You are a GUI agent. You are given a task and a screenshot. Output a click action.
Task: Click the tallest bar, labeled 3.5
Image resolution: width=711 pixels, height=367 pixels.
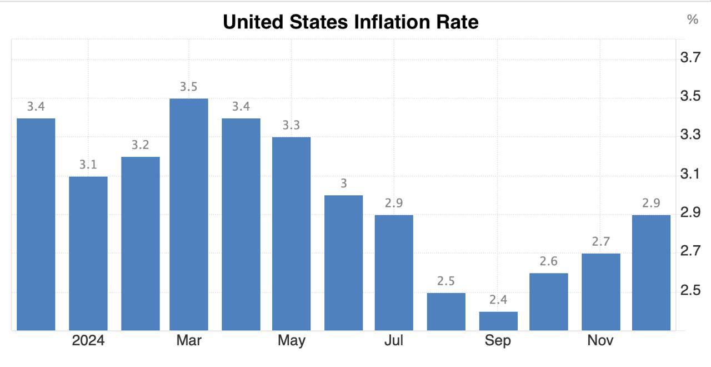coord(189,214)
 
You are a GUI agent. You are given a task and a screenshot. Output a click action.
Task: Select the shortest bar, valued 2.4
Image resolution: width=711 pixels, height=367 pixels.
coord(498,321)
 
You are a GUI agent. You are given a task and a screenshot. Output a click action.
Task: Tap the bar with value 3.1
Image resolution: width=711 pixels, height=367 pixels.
coord(88,253)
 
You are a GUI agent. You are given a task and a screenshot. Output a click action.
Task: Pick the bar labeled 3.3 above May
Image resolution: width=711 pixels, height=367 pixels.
coord(291,234)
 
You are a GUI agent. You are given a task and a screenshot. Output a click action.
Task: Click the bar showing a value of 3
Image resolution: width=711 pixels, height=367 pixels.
coord(343,262)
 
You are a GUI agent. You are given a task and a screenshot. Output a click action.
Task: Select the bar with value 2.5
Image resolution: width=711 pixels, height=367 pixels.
coord(446,311)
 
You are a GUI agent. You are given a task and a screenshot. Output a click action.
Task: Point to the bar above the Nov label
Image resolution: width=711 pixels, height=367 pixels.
coord(600,292)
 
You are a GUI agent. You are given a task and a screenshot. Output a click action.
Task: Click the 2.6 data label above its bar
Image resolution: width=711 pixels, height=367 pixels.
coord(549,261)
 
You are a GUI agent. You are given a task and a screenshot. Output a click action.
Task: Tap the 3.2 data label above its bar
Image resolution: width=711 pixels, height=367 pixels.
coord(141,145)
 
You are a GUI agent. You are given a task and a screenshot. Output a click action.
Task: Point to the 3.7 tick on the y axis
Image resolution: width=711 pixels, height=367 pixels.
coord(690,58)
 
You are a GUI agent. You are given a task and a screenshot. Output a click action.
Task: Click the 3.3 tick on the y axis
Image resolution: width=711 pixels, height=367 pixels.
coord(690,136)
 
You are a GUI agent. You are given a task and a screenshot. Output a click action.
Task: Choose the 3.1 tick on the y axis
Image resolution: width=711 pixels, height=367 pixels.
coord(690,175)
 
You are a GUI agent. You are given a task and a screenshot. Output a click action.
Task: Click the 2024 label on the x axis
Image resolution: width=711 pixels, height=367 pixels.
coord(88,340)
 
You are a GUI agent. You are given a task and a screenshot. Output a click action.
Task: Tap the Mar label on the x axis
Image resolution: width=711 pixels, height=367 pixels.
coord(189,340)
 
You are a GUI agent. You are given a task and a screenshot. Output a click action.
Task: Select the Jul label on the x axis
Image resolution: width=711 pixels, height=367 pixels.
coord(394,340)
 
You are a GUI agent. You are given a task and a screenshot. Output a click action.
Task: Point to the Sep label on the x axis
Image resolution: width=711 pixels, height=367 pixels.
coord(498,340)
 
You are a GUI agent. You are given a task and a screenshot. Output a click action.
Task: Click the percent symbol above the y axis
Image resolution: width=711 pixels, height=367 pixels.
coord(692,20)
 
